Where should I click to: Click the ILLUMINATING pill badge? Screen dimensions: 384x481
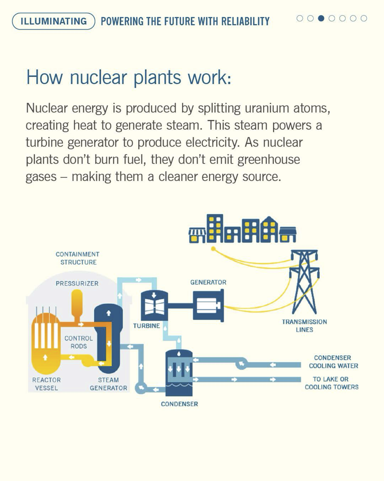(54, 21)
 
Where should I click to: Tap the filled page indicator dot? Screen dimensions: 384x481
(321, 18)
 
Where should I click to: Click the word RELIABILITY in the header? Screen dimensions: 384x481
(245, 21)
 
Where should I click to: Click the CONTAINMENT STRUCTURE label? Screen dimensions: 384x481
(78, 258)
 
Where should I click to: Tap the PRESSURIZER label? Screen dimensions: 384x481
(77, 283)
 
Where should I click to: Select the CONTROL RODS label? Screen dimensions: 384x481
(79, 342)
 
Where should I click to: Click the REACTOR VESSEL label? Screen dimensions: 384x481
(46, 384)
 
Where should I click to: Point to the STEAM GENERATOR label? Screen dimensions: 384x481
(108, 384)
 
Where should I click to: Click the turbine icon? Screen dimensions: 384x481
(154, 305)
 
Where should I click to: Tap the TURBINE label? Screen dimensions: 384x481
(147, 326)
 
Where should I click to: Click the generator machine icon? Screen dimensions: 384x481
(208, 305)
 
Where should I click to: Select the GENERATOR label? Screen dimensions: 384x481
(208, 282)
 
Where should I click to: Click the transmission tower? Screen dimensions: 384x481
(304, 282)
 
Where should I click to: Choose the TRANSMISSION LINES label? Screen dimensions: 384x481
(304, 326)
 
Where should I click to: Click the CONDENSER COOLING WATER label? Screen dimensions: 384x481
(333, 362)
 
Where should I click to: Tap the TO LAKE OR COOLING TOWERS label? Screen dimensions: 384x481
(331, 383)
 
